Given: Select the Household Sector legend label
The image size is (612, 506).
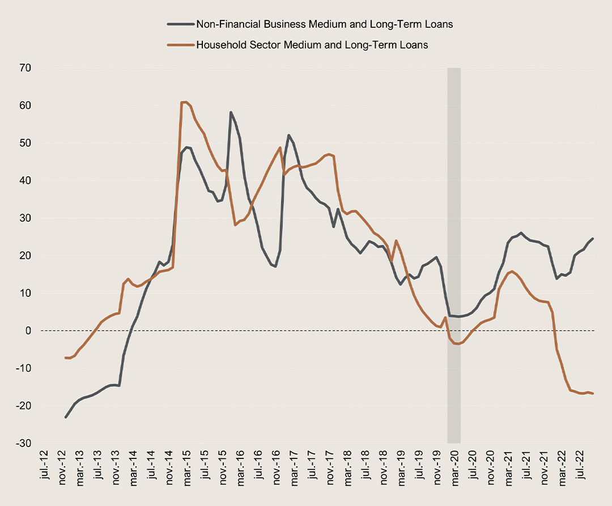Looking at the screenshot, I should pos(312,45).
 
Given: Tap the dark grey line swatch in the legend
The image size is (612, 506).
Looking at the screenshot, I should pos(180,24).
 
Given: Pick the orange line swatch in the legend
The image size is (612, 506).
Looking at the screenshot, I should pos(180,45).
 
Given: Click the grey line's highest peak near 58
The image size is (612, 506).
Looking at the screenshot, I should pos(231,112).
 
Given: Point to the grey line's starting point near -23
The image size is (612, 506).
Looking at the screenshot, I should pos(66,418).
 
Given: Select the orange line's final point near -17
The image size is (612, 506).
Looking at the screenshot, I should pos(593,394).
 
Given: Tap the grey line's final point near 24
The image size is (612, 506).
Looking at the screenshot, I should pos(593,239).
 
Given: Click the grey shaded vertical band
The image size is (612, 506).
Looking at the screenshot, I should pos(454,255).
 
